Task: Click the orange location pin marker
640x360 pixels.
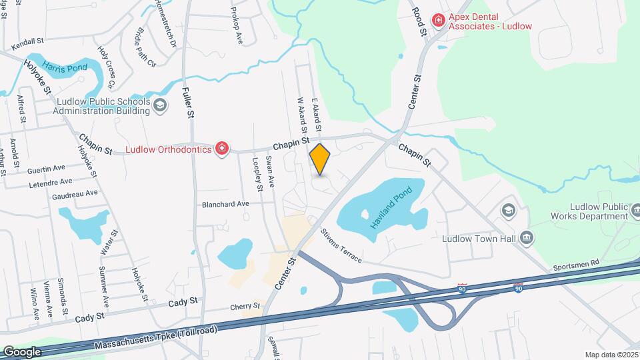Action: (320, 159)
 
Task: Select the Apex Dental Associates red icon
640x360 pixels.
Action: (438, 20)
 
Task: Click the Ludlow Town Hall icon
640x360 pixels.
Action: (526, 238)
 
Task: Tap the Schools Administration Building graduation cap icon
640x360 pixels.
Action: (159, 105)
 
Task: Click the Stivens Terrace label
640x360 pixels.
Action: (341, 245)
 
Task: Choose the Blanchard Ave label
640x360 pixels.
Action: (225, 204)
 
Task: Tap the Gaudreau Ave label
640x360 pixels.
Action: (75, 193)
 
